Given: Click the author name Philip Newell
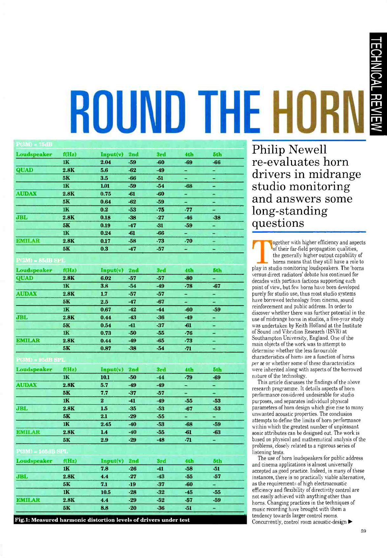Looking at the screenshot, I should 289,150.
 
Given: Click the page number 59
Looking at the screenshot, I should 363,531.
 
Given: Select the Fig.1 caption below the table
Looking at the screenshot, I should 102,520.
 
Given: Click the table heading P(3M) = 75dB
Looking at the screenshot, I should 34,144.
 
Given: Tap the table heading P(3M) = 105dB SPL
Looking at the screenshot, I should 42,451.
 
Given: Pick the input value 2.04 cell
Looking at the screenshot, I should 106,162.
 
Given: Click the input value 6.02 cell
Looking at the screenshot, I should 106,278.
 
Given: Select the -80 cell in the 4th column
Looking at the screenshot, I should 188,278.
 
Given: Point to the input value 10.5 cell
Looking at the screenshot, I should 106,492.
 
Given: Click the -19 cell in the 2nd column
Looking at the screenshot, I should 133,484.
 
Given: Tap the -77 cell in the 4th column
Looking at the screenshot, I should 188,210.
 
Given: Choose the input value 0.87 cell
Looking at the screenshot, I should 106,348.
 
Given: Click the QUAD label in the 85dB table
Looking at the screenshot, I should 24,278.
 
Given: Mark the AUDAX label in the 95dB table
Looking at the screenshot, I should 26,385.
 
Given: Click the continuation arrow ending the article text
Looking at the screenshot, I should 350,522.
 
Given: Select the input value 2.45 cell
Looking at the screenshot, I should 106,424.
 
